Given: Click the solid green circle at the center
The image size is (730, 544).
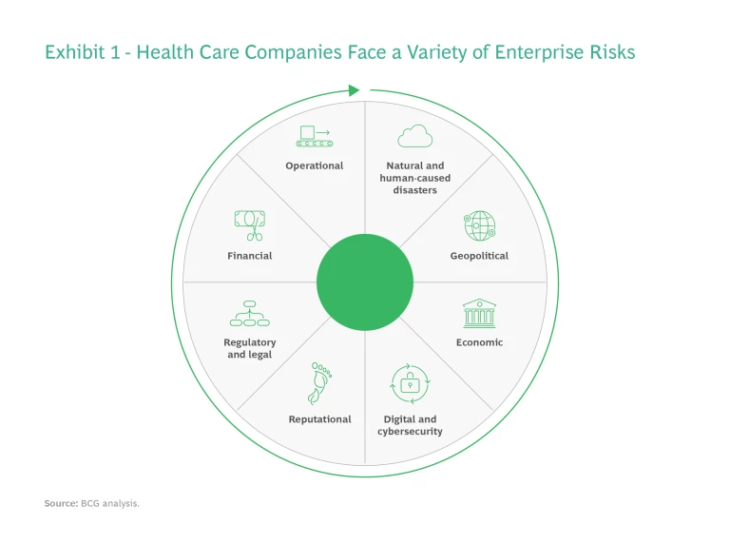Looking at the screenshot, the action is tap(365, 282).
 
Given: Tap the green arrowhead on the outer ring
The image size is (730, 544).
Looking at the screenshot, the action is tap(354, 90).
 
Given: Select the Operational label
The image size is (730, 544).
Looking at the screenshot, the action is tap(315, 165).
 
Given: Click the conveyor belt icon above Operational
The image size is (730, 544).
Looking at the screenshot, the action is tap(315, 136).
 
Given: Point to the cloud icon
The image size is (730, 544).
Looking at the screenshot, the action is tap(414, 136).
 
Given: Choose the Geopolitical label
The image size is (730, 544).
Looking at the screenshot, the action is tap(479, 256).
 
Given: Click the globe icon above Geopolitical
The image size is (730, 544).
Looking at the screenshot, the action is tap(479, 226).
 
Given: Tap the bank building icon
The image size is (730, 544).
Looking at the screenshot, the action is tap(479, 314).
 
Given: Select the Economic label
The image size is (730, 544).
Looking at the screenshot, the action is tap(479, 342).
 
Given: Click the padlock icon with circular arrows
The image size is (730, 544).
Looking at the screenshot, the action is tap(410, 384).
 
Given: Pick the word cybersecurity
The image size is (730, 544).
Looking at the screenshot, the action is tap(410, 432).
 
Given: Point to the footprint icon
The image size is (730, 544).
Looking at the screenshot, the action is tap(319, 383).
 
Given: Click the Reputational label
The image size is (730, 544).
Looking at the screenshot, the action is tap(319, 419).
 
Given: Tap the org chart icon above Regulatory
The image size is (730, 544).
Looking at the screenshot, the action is tap(250, 314).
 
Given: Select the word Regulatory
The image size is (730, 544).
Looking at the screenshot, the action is tap(250, 342).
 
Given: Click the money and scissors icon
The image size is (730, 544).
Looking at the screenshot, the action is tap(250, 225).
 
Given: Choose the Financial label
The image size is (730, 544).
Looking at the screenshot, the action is tap(250, 256).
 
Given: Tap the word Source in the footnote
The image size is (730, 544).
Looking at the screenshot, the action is tap(61, 503).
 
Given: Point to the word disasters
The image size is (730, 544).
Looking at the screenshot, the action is tap(414, 190).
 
